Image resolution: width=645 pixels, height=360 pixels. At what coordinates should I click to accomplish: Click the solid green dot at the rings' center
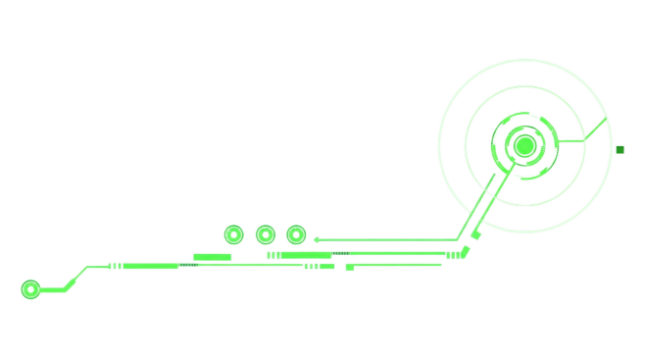(524, 146)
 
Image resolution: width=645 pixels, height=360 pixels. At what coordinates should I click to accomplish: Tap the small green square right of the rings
(620, 150)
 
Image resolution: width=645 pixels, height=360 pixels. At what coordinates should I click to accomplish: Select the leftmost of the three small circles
(233, 234)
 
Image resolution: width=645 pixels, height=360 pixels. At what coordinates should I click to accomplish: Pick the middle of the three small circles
(265, 234)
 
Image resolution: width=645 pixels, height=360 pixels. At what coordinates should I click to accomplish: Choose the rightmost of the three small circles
(296, 234)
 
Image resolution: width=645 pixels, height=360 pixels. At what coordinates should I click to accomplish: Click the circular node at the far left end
(30, 289)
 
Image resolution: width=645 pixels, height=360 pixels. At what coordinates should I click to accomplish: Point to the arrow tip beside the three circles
(317, 239)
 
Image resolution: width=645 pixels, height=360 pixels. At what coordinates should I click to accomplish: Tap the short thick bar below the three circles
(212, 257)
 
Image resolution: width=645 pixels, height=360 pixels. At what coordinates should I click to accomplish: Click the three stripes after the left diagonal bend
(116, 266)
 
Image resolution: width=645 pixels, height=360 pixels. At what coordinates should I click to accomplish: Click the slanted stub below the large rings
(476, 233)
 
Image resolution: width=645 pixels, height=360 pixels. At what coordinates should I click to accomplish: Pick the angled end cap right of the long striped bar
(463, 252)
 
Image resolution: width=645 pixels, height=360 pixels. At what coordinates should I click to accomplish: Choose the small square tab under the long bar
(350, 267)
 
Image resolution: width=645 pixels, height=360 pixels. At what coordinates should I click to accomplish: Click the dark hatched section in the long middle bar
(340, 254)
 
